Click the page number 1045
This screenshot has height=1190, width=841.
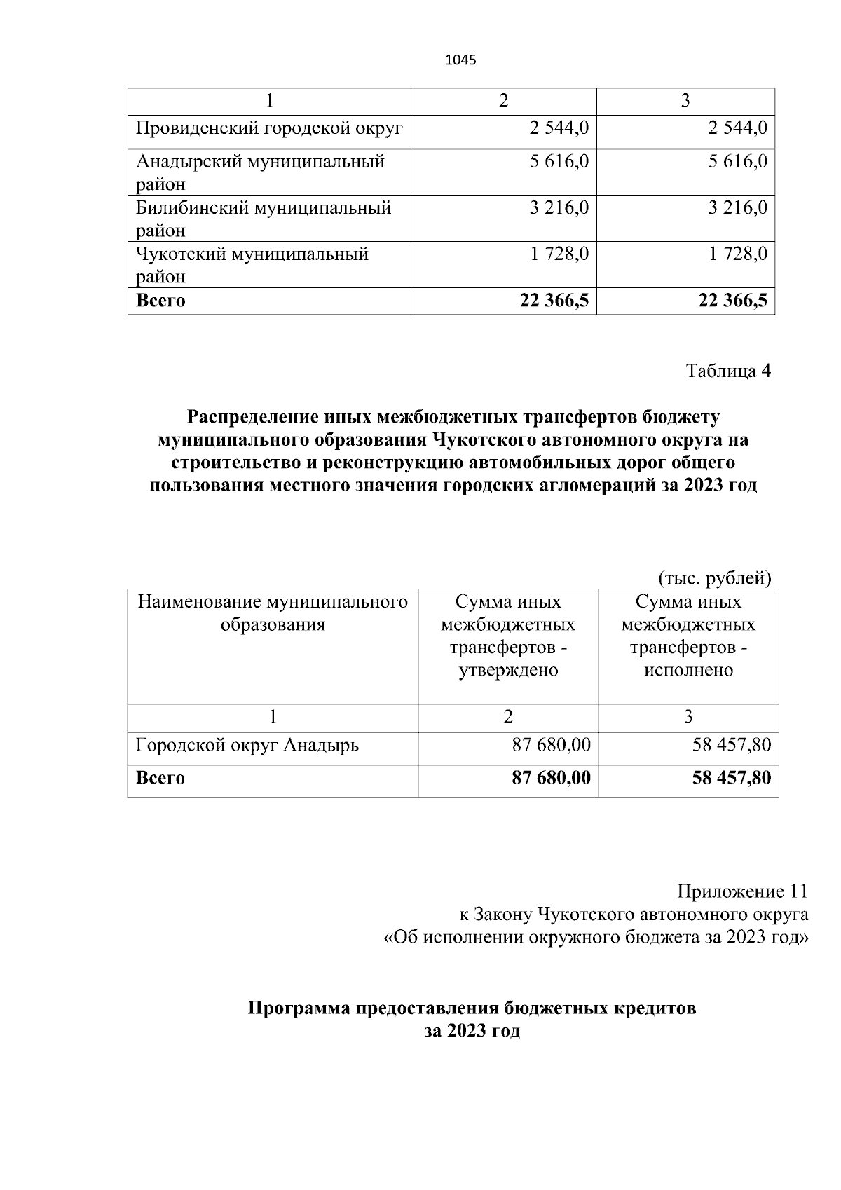460,60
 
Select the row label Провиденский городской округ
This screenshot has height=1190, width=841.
269,128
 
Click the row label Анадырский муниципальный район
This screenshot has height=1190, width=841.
260,172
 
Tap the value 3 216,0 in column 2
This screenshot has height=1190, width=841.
559,207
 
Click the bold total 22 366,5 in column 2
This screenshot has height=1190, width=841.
554,301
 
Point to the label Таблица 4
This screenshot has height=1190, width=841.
728,371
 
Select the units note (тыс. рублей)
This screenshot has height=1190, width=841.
714,578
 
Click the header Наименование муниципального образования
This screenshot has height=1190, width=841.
273,613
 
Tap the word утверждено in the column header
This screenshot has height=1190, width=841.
508,670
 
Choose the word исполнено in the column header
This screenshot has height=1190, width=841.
688,670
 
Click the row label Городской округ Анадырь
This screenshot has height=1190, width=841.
247,745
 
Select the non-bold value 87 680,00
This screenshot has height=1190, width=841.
551,745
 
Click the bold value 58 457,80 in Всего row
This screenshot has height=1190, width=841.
731,778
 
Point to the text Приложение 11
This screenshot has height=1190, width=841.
742,891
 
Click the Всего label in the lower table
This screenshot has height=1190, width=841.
160,778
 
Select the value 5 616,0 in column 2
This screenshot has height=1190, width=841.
559,161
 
